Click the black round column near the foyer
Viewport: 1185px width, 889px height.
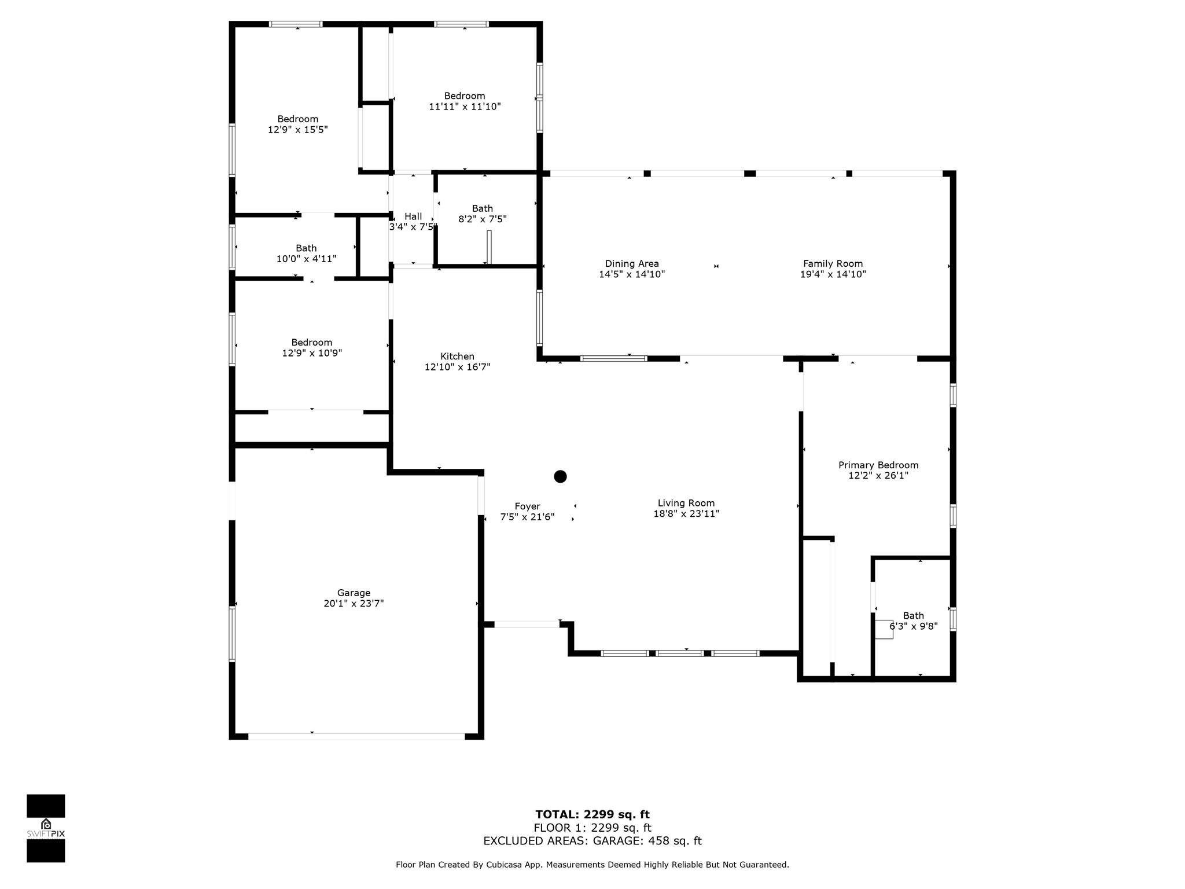pyautogui.click(x=560, y=476)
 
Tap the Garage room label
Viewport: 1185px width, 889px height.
pyautogui.click(x=354, y=593)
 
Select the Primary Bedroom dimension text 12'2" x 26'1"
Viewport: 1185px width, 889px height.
pyautogui.click(x=878, y=476)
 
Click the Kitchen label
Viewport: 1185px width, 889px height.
pyautogui.click(x=457, y=357)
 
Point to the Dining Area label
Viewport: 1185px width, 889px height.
pyautogui.click(x=632, y=264)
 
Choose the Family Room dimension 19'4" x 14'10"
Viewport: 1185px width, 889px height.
pyautogui.click(x=833, y=274)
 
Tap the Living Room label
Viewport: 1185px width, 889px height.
pyautogui.click(x=686, y=504)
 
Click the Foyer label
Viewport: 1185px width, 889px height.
pyautogui.click(x=527, y=506)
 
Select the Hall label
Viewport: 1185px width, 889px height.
pyautogui.click(x=413, y=216)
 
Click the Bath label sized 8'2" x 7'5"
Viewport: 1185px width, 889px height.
pyautogui.click(x=482, y=208)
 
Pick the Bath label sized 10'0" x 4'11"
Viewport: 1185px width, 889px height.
pyautogui.click(x=306, y=248)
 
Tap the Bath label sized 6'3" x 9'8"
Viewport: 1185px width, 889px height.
pyautogui.click(x=913, y=616)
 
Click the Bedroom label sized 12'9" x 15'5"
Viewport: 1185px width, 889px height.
pyautogui.click(x=297, y=119)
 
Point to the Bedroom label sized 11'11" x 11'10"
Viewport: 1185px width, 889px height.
pyautogui.click(x=464, y=96)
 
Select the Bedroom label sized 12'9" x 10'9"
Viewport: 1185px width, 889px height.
pyautogui.click(x=311, y=343)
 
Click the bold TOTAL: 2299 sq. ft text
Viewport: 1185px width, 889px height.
pyautogui.click(x=592, y=814)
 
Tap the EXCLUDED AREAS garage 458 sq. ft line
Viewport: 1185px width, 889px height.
pyautogui.click(x=592, y=841)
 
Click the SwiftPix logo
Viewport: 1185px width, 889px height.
pyautogui.click(x=46, y=828)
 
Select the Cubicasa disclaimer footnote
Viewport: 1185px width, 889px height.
pyautogui.click(x=592, y=865)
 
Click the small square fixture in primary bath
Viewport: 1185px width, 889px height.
pyautogui.click(x=884, y=630)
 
